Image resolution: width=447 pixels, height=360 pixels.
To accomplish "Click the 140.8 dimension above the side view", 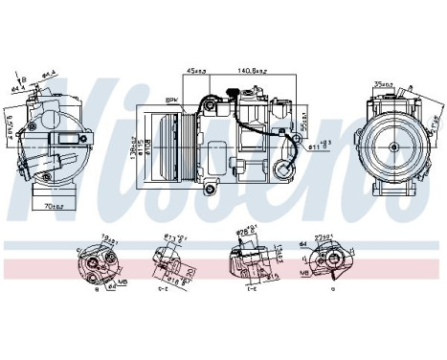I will pyautogui.click(x=254, y=70).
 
